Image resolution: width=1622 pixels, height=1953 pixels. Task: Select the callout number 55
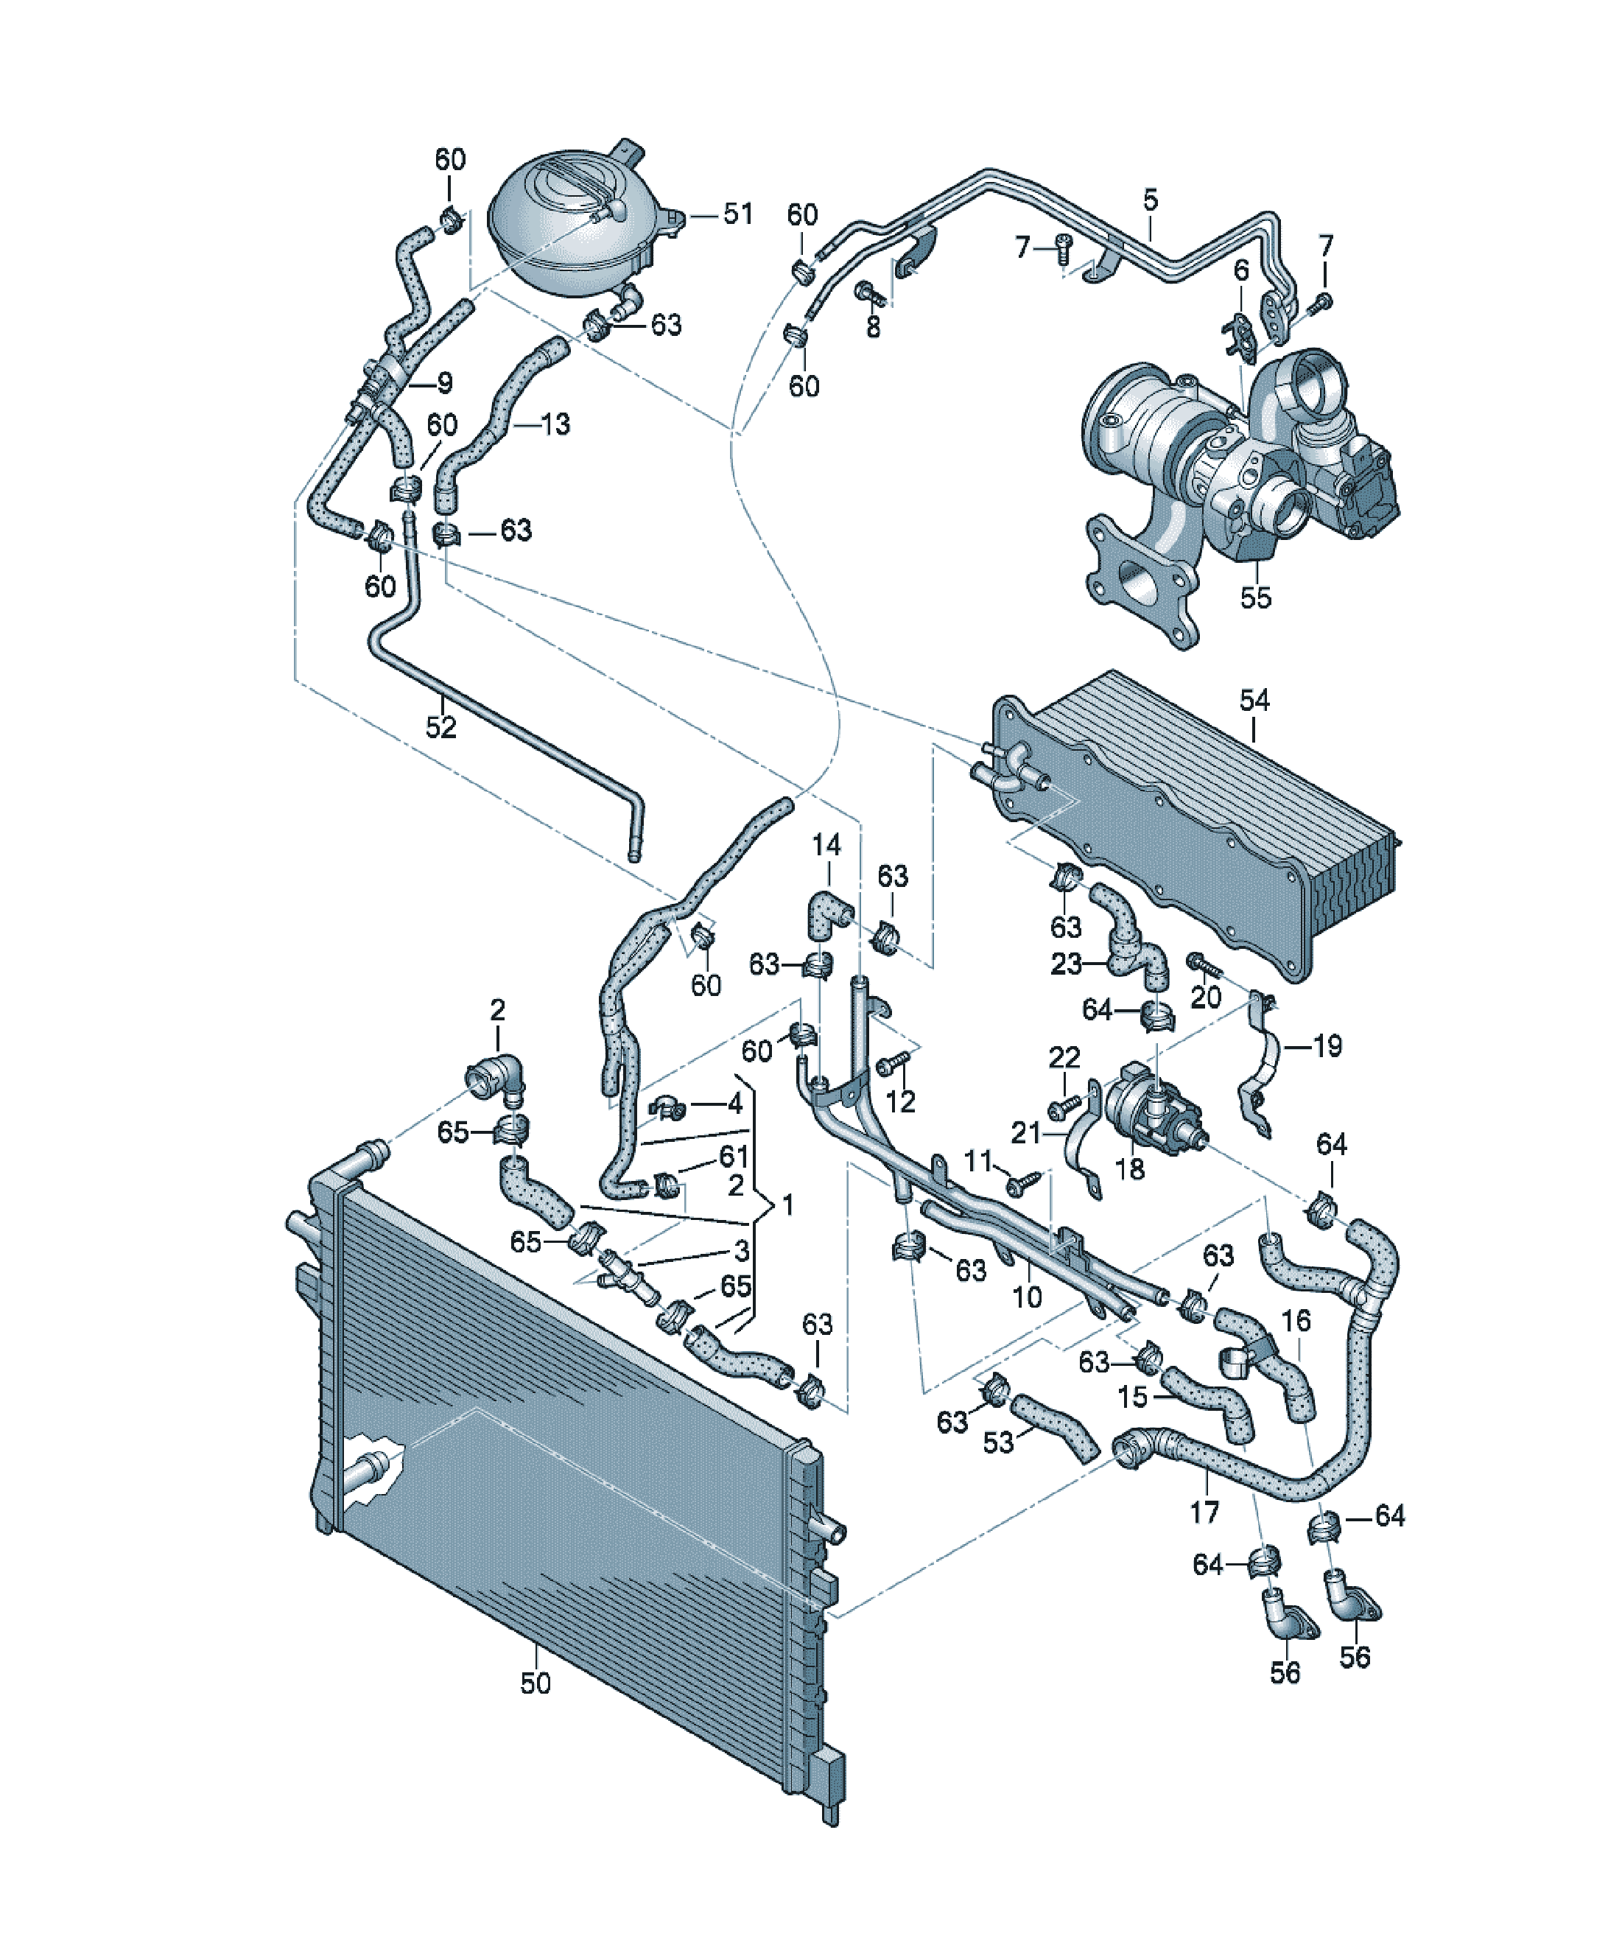point(1256,598)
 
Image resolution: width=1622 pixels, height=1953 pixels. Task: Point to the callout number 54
point(1254,701)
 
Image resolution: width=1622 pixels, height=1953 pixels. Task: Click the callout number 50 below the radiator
point(536,1683)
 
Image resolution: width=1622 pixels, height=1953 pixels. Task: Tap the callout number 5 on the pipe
point(1151,200)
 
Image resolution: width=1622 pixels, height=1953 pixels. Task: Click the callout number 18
point(1130,1169)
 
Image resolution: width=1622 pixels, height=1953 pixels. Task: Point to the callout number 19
point(1327,1046)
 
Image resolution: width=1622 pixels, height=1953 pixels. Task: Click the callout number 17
point(1204,1513)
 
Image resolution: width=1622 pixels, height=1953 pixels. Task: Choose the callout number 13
point(555,424)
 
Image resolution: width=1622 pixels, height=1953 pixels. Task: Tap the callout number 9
point(445,382)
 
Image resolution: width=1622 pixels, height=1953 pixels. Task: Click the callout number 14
point(826,846)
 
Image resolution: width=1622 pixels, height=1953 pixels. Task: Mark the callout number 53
point(998,1442)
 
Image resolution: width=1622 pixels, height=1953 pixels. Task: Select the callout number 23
point(1066,964)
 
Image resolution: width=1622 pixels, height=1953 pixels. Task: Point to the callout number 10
point(1027,1297)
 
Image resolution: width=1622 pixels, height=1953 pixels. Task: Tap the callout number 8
point(872,326)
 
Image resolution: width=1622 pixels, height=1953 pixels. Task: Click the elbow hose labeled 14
point(828,915)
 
